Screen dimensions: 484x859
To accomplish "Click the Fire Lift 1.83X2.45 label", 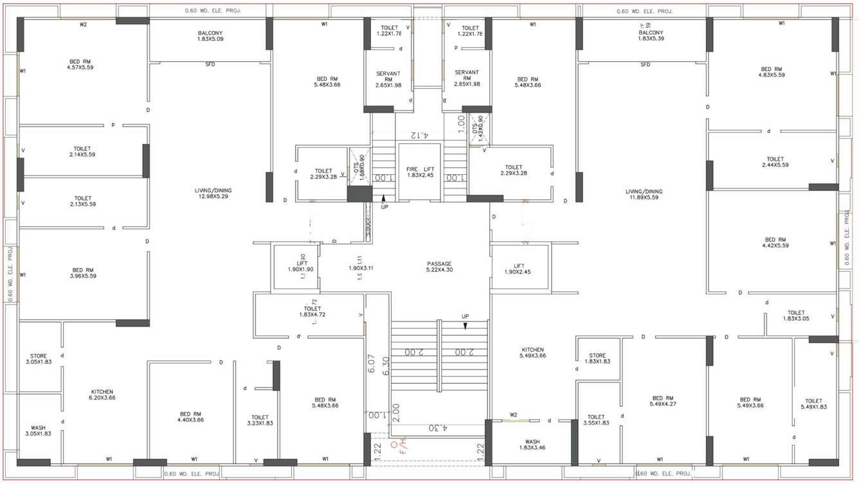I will click(x=419, y=172).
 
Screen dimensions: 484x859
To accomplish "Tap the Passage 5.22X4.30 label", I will click(x=439, y=267).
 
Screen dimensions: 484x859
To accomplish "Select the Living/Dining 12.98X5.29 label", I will click(x=213, y=193).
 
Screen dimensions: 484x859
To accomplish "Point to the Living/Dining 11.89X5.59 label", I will click(x=644, y=194).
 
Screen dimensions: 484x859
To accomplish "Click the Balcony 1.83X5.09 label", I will click(x=210, y=36).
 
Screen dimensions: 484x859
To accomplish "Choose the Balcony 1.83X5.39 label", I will click(x=651, y=35).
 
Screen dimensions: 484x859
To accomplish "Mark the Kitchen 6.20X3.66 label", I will click(x=102, y=395).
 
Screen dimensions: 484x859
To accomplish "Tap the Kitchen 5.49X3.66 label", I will click(x=532, y=353).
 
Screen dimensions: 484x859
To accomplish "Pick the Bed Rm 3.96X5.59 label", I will click(x=84, y=273).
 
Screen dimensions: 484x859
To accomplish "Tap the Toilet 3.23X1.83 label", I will click(x=260, y=420).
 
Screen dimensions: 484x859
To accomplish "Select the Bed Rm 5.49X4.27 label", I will click(x=662, y=402).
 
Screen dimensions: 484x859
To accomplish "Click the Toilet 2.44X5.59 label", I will click(x=775, y=162).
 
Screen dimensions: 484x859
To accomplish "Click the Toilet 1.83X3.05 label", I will click(x=796, y=316).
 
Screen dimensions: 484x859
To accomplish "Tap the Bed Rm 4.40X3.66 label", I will click(x=191, y=417).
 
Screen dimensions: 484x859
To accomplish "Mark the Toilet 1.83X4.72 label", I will click(x=312, y=312).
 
